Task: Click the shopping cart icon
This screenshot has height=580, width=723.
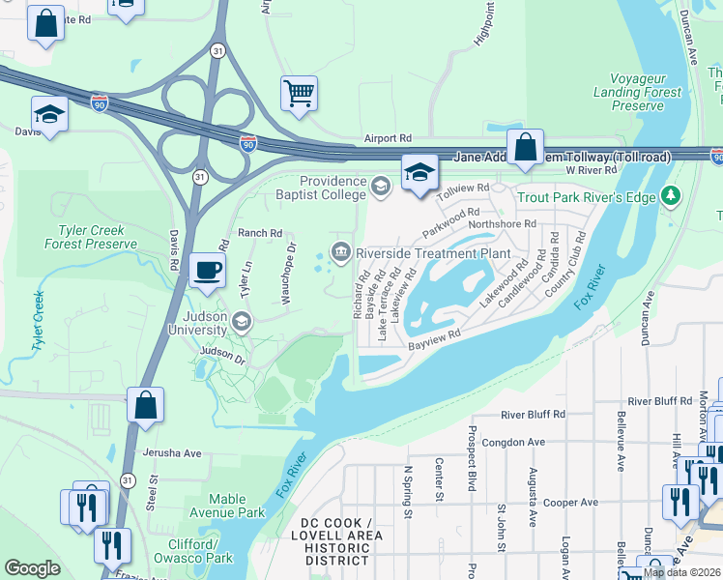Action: (x=299, y=94)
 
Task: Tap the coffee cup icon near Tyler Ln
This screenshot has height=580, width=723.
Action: (x=207, y=271)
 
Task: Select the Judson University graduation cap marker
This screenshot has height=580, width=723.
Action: (x=241, y=321)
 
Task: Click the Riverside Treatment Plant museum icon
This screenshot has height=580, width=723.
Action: (x=341, y=253)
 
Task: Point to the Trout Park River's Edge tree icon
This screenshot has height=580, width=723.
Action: (x=672, y=197)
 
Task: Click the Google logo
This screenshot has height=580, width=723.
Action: (x=33, y=568)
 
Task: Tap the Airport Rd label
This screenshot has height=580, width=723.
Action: (x=388, y=139)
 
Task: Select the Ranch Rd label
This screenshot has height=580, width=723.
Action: (x=259, y=233)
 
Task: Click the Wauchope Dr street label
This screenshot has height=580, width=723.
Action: (x=289, y=274)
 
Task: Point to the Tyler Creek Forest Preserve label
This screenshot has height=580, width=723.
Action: (x=91, y=237)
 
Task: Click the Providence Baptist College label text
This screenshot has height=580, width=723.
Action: (x=333, y=188)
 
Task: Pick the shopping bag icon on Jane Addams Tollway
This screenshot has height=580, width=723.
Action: (x=525, y=147)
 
